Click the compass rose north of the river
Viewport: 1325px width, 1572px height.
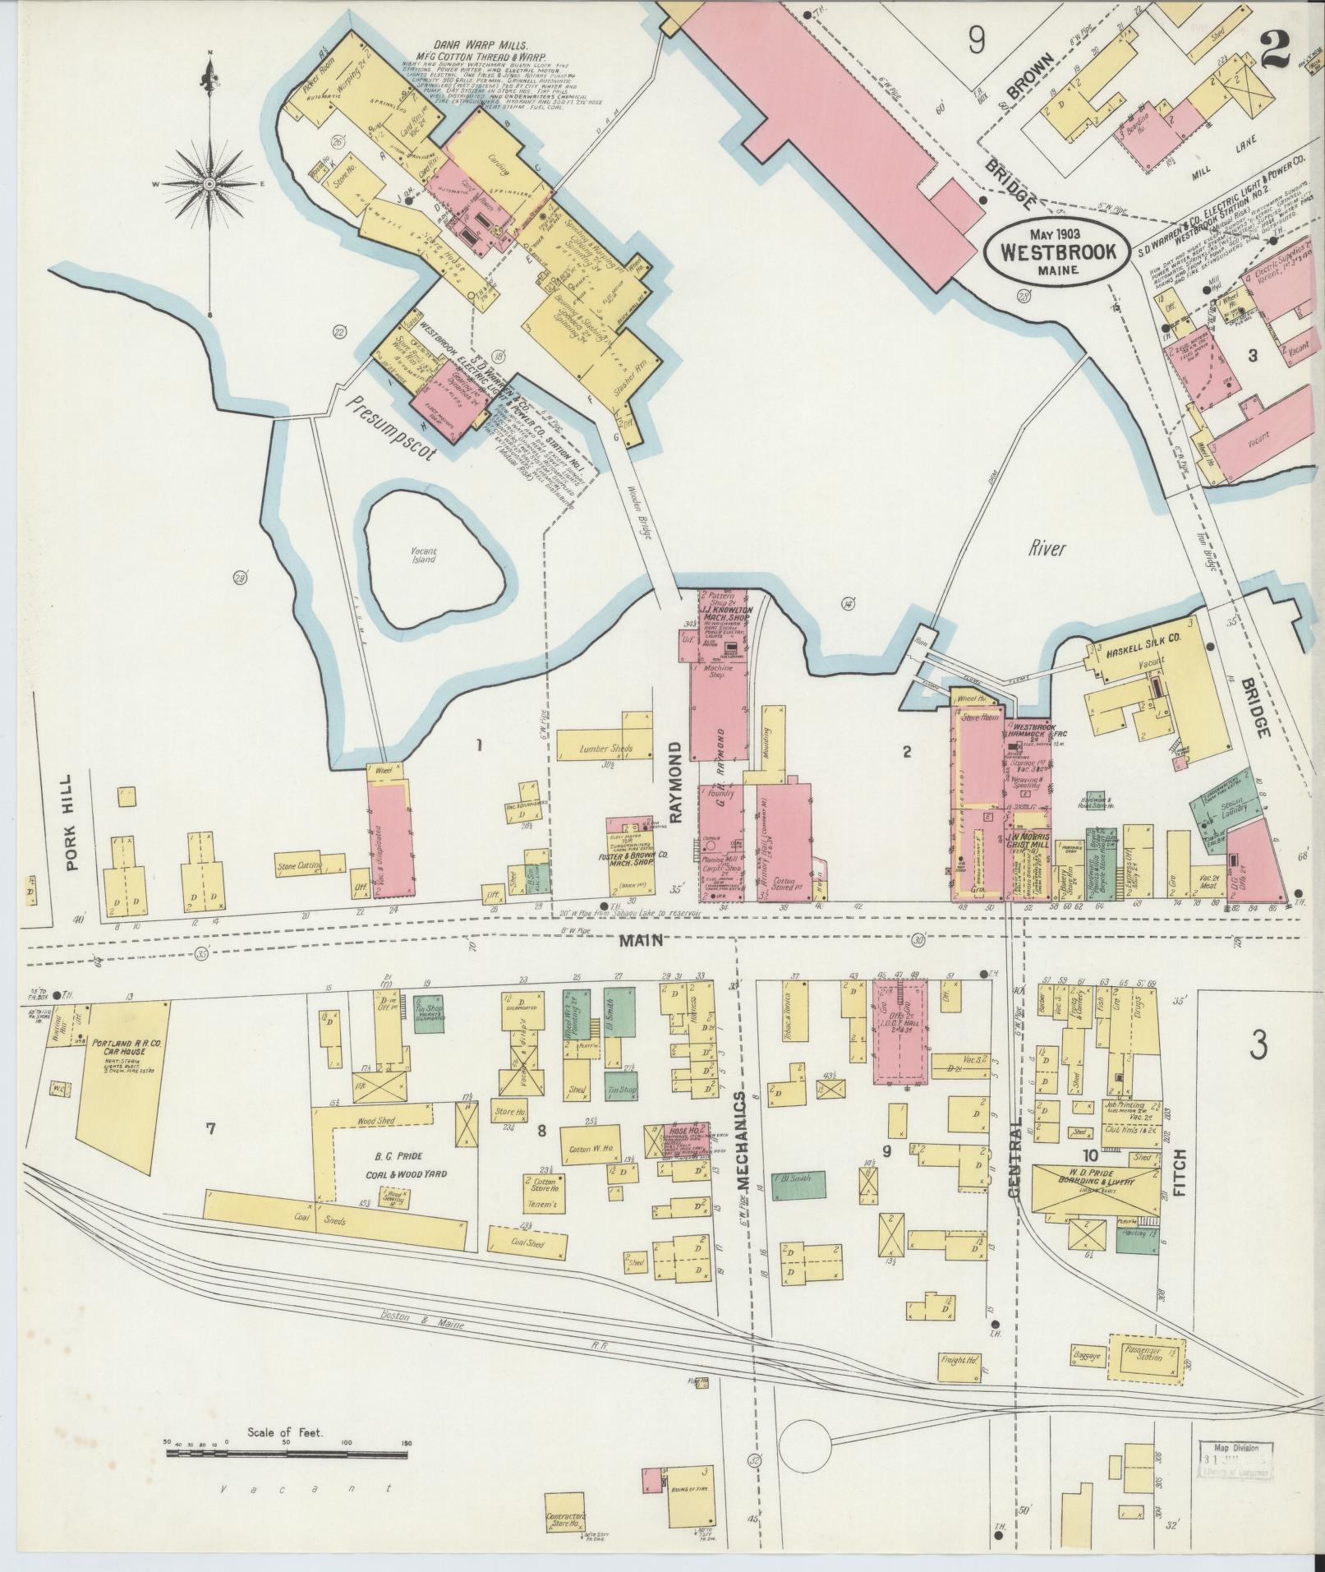click(x=210, y=182)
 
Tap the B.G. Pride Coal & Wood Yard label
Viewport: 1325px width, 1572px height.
click(x=395, y=1165)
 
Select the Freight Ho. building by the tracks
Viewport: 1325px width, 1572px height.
click(x=959, y=1361)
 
